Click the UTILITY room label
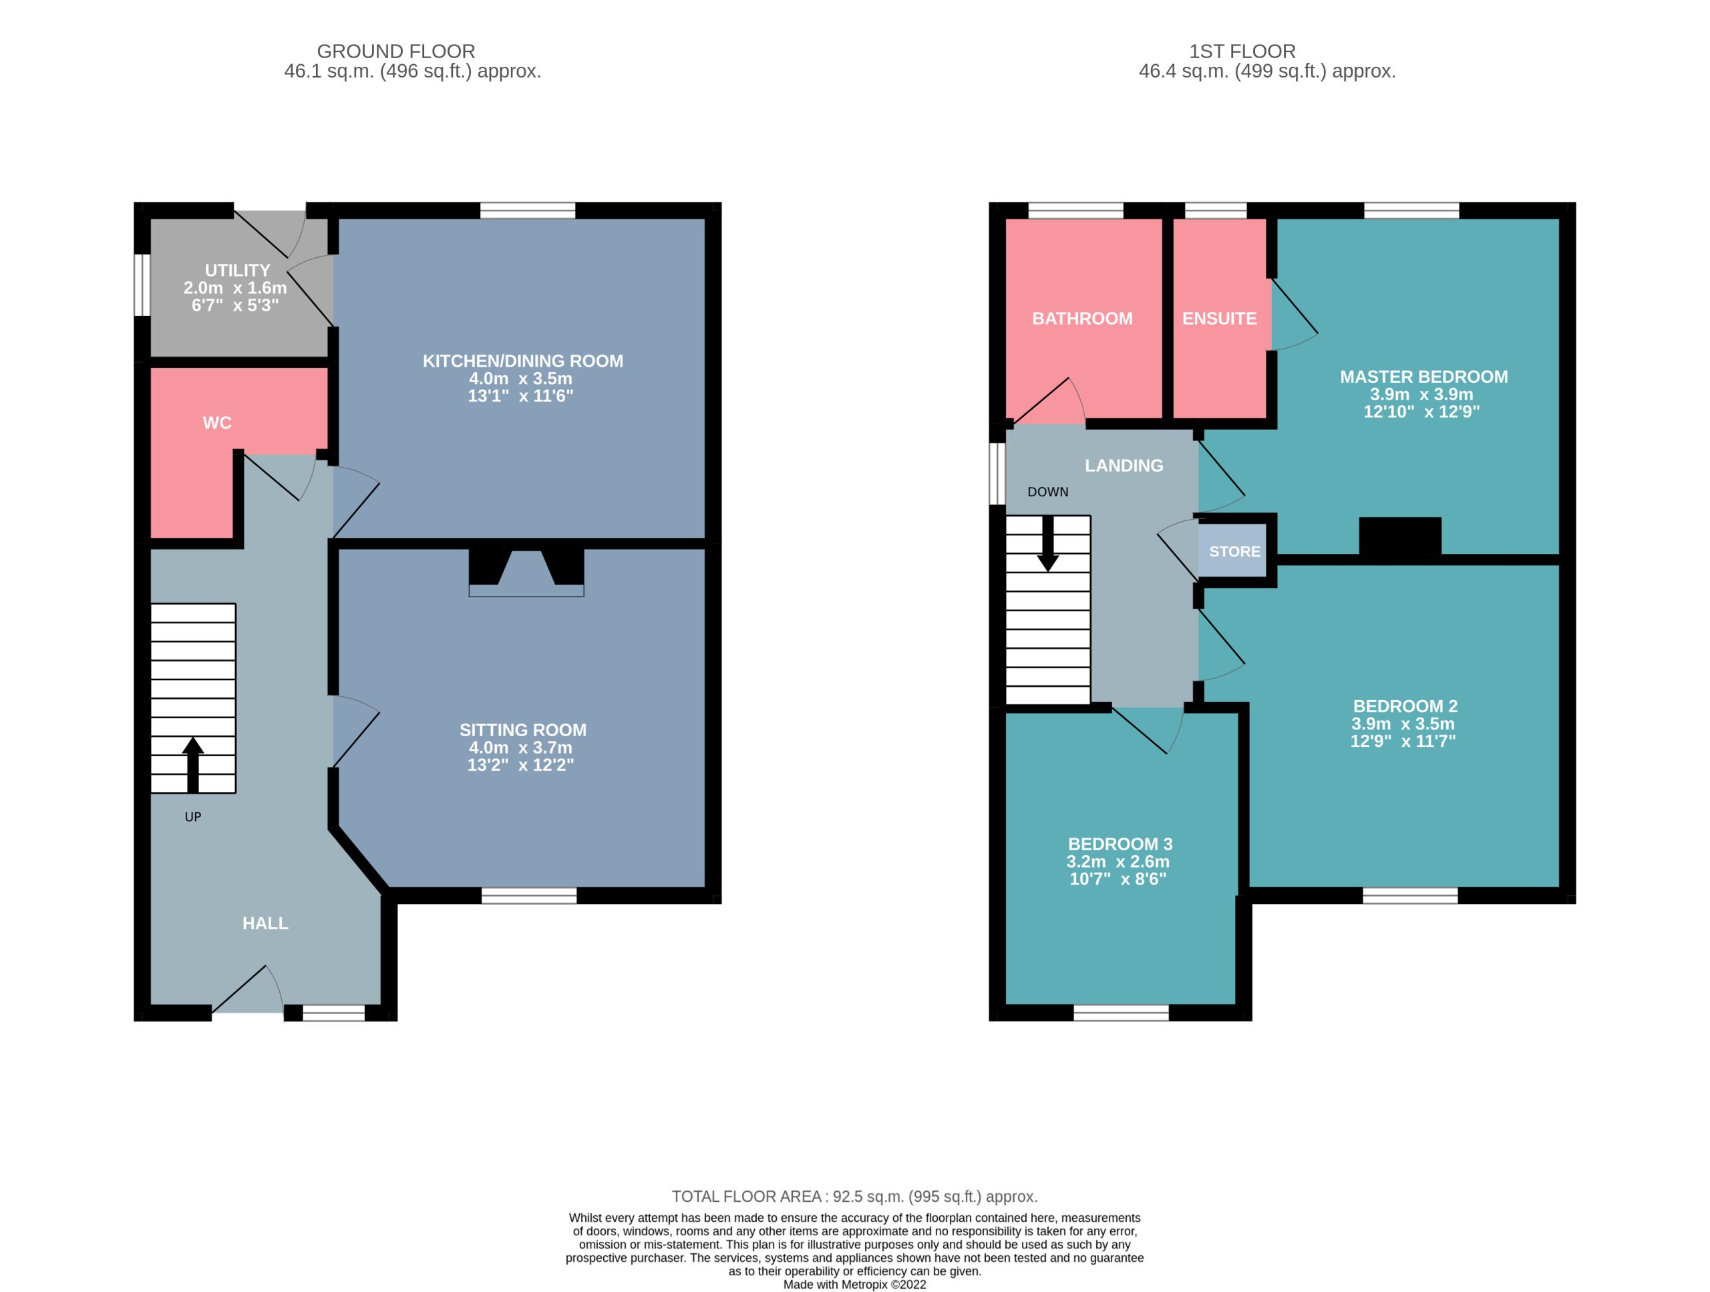(237, 270)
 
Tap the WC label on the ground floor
(217, 422)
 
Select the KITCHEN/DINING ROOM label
(522, 360)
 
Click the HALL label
(265, 923)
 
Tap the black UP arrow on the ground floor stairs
(192, 765)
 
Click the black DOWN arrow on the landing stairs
(1047, 544)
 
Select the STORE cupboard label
(1234, 551)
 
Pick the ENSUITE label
(1219, 318)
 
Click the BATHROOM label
(1082, 318)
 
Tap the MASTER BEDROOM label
(1424, 377)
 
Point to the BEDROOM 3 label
(1120, 844)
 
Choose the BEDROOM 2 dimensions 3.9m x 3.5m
(1403, 723)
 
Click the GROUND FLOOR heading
(396, 51)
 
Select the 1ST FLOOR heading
(1242, 51)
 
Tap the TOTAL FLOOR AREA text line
(854, 1196)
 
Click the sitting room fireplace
(526, 572)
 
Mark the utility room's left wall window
(142, 285)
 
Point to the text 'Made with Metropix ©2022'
(854, 1284)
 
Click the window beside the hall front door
(333, 1013)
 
